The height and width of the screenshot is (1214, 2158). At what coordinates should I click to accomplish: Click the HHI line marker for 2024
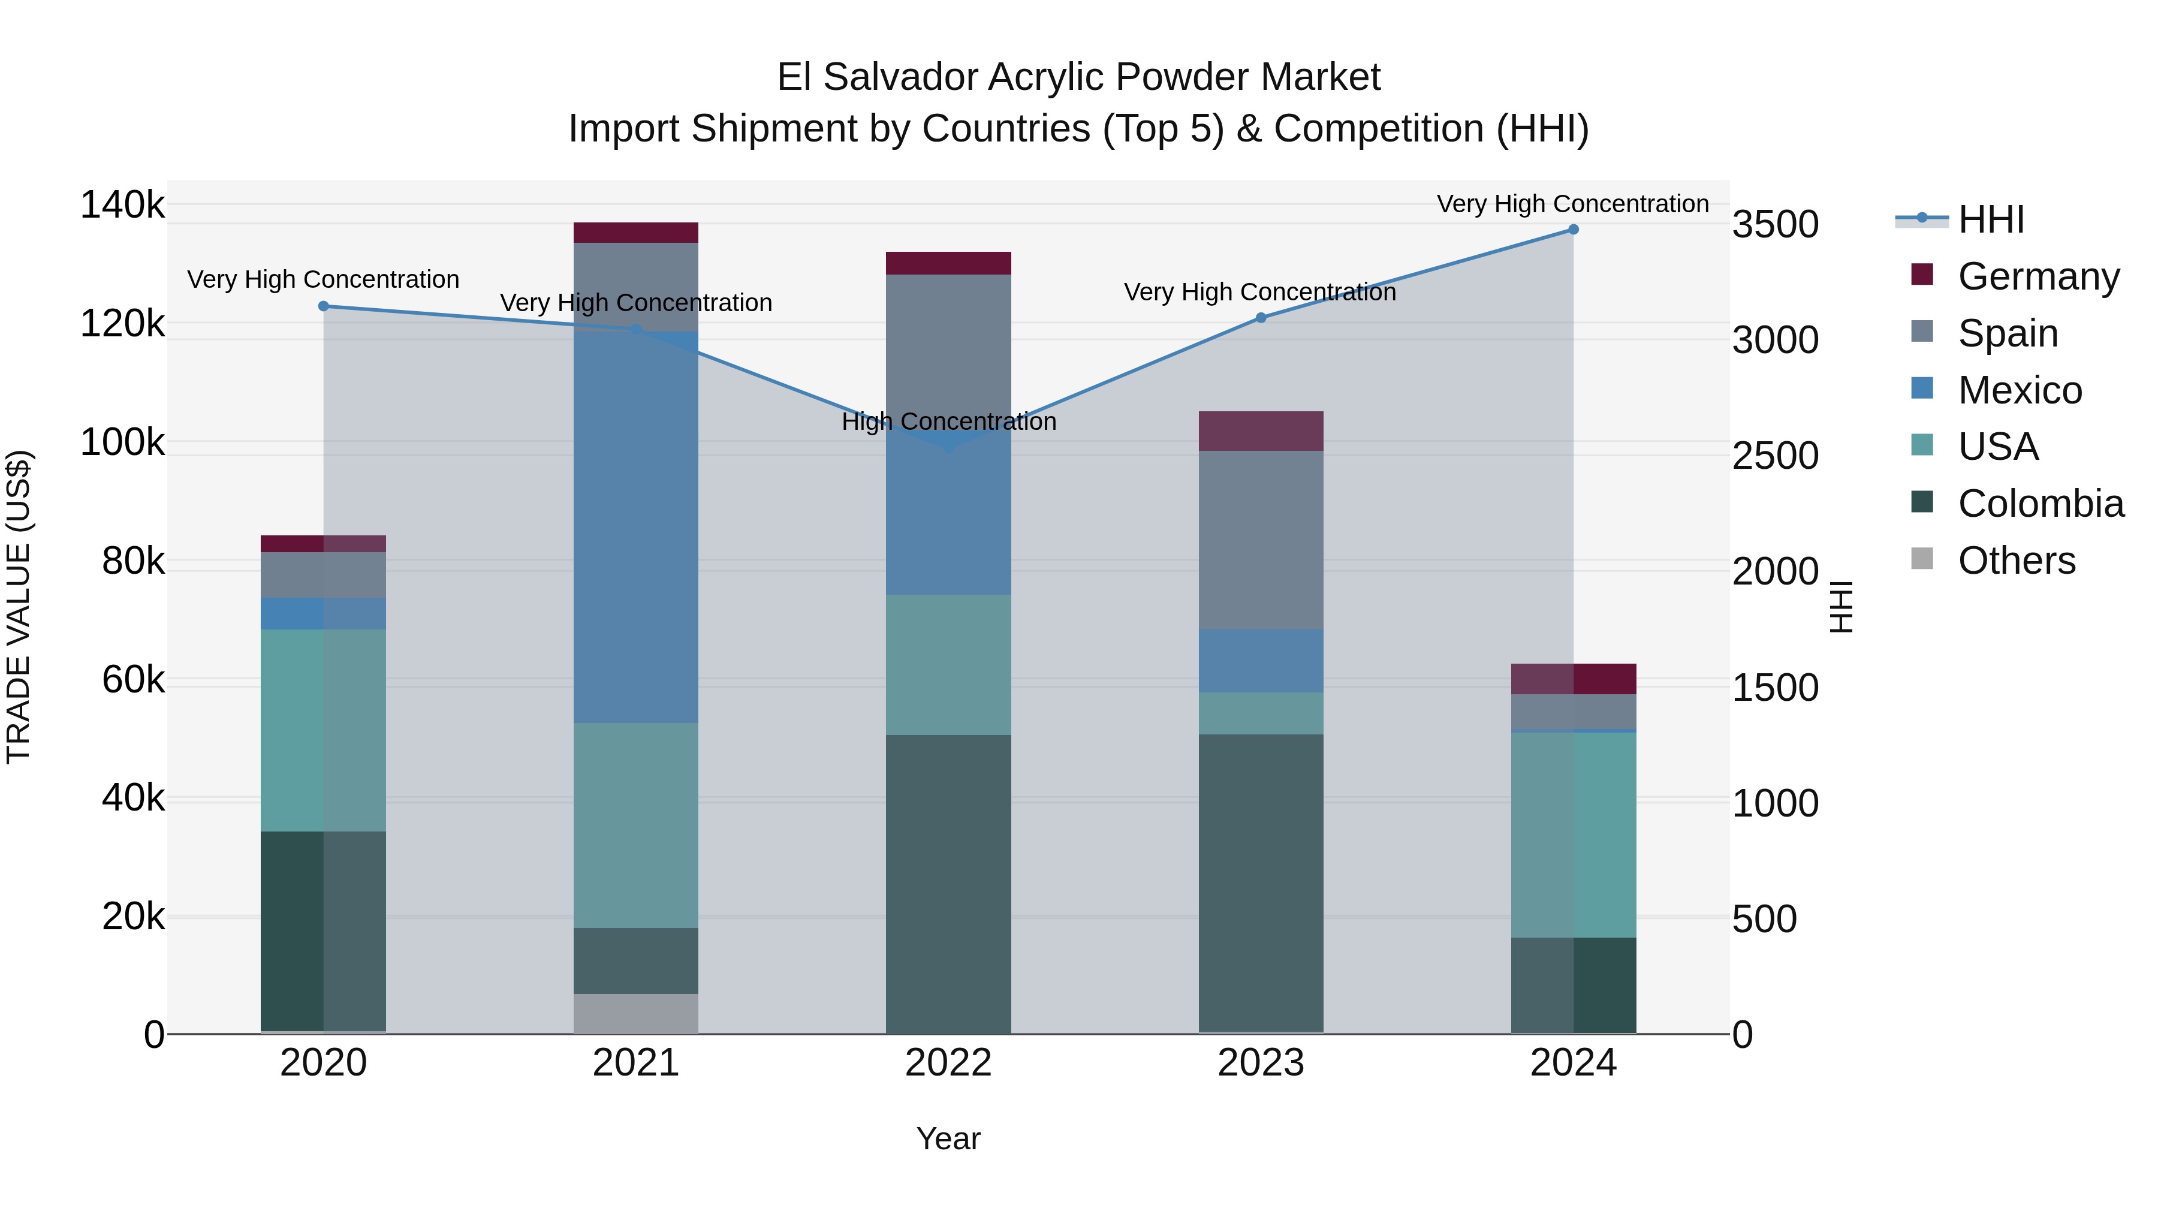[1574, 230]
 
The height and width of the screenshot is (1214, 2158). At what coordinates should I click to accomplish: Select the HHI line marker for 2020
[323, 306]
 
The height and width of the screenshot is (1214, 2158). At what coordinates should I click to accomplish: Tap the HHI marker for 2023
[1261, 318]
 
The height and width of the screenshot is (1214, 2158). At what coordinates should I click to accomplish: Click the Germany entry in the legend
[2038, 276]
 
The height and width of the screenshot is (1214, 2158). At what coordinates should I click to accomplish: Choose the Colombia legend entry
[2040, 504]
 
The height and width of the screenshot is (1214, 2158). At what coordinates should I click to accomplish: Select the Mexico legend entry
[2019, 390]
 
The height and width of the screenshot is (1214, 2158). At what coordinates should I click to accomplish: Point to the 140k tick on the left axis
[122, 205]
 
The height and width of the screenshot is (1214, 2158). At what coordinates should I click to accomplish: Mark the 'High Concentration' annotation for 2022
[948, 421]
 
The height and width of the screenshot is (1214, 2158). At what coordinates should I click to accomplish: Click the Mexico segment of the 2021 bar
[636, 528]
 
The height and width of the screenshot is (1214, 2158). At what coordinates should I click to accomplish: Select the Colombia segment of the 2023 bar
[1261, 884]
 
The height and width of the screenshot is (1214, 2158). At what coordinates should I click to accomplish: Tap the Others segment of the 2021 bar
[636, 1014]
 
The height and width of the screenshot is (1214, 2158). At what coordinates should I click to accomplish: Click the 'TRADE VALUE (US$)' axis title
[19, 607]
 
